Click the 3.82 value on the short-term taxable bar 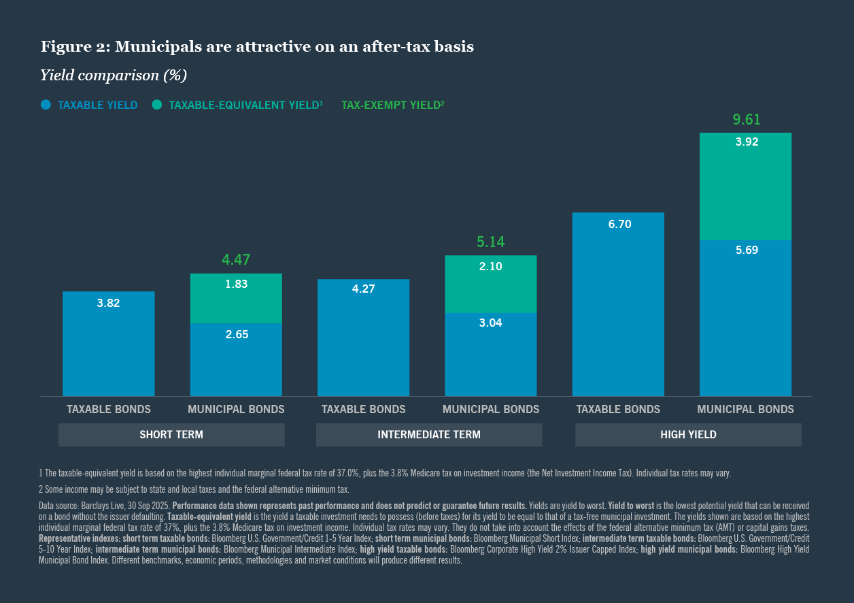[x=108, y=304]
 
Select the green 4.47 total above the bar [x=235, y=259]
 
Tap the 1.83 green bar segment [x=236, y=298]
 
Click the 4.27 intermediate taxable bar [x=363, y=337]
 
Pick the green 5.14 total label [x=490, y=242]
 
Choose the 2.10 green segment [x=490, y=284]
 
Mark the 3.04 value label [x=490, y=323]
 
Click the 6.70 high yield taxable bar [x=618, y=304]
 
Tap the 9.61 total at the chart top [x=746, y=120]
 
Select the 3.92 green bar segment [x=746, y=186]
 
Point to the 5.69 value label [x=746, y=250]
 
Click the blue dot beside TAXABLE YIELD [x=46, y=105]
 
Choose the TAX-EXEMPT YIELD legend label [x=392, y=105]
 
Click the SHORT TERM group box [x=171, y=434]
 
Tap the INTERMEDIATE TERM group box [x=429, y=434]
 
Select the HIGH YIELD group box [x=688, y=434]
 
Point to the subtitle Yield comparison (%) [x=114, y=75]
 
